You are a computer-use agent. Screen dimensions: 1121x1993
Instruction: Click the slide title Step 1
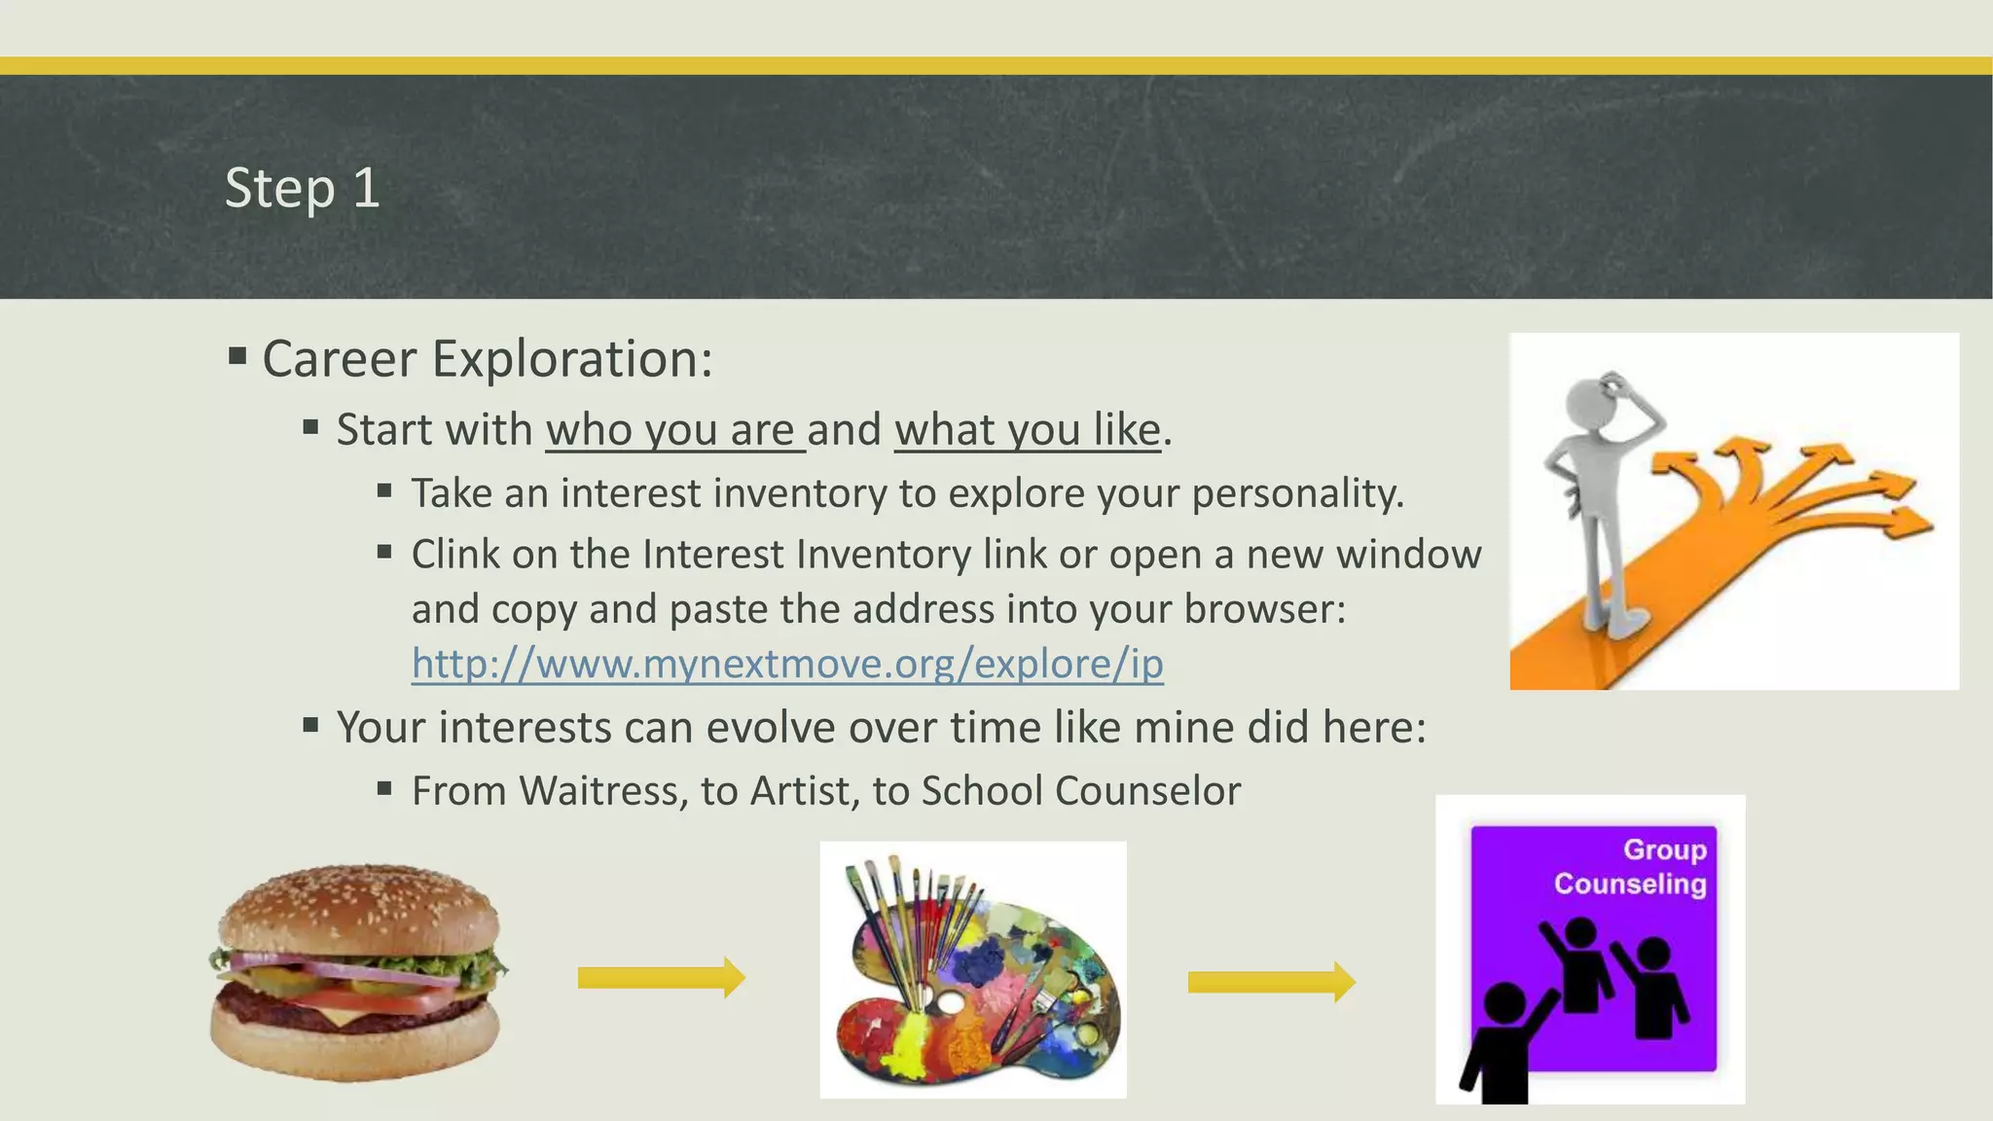click(302, 188)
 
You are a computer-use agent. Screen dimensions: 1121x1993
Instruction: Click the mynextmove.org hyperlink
click(786, 665)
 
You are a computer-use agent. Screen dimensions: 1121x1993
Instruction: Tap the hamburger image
click(356, 973)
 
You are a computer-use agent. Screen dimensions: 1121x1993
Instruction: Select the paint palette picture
click(973, 971)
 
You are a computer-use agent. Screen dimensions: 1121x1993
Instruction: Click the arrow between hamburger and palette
click(661, 978)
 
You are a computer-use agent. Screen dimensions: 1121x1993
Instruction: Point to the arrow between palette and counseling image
click(1271, 982)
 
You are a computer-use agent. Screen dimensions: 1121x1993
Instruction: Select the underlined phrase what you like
click(1028, 430)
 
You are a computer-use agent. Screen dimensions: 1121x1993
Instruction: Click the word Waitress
click(603, 791)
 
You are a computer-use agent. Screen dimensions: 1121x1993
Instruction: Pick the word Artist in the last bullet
click(804, 791)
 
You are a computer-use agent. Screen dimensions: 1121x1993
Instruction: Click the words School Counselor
click(1080, 791)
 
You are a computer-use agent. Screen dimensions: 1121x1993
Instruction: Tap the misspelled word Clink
click(454, 555)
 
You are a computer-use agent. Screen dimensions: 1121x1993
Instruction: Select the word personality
click(1297, 494)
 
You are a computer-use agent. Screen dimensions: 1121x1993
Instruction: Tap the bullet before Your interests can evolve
click(310, 725)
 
